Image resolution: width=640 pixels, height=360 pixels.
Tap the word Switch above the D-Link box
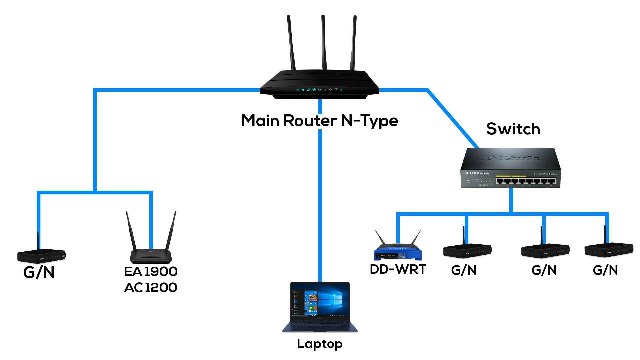[x=513, y=129]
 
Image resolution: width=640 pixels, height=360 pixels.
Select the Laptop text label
[x=319, y=344]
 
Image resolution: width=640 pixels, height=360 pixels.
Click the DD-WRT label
[x=398, y=269]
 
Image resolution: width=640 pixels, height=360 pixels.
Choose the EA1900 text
[x=151, y=272]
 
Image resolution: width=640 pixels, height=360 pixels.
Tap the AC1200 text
[x=151, y=288]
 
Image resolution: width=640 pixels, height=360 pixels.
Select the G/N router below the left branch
[x=42, y=256]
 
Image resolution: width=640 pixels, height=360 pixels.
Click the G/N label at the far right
[x=605, y=270]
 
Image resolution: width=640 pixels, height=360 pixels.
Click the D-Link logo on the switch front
[x=472, y=173]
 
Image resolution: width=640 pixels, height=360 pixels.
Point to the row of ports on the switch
[x=525, y=181]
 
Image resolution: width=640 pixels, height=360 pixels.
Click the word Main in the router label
[x=260, y=121]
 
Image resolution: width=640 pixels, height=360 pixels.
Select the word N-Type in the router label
[x=369, y=121]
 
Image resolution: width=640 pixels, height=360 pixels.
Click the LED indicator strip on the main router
[x=319, y=90]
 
